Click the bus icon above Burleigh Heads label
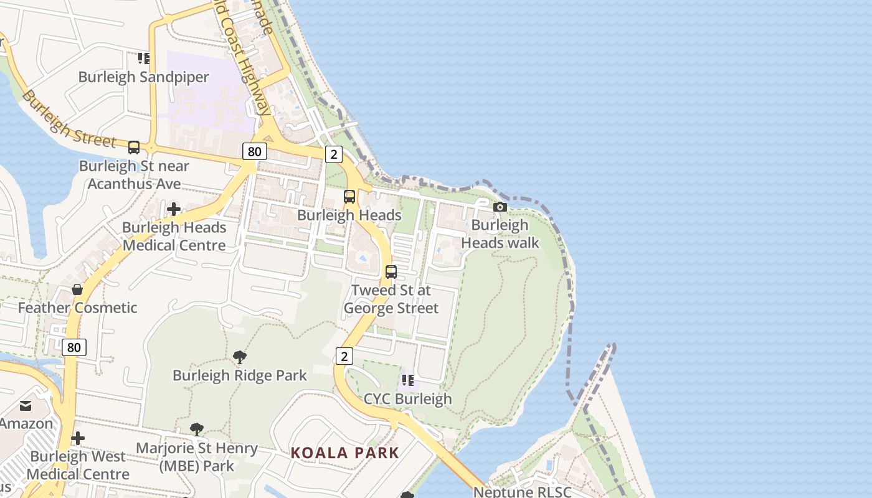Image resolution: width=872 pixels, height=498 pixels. pos(349,197)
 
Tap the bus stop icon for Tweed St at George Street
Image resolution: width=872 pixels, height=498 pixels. pos(391,272)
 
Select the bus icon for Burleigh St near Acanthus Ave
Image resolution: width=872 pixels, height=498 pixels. pos(134,148)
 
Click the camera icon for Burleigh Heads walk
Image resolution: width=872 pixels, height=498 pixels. pos(500,207)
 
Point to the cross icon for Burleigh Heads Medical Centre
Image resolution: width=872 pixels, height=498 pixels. pos(174,209)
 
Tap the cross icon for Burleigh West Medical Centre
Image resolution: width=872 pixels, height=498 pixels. pos(78,438)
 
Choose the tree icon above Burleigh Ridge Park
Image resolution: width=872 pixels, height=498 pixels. pos(239,357)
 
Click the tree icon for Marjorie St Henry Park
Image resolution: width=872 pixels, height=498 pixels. pos(197,430)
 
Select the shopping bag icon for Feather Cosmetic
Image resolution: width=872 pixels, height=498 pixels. pos(77,289)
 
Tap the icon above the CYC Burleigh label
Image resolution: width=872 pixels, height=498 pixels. pos(408,380)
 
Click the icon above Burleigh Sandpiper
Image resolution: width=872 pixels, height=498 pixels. pos(144,59)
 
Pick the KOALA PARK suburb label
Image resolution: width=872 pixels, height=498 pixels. pos(344,453)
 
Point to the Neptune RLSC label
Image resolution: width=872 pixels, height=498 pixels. pos(522,492)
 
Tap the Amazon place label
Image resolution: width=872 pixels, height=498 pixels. pos(26,424)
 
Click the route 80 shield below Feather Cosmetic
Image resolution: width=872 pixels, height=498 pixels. pos(74,347)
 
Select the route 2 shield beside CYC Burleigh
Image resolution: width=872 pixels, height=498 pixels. pos(344,356)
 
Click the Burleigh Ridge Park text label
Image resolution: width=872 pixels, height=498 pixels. pos(240,375)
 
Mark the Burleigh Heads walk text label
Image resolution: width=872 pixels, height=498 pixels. pos(500,234)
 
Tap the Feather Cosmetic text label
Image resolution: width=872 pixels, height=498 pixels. pos(77,308)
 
